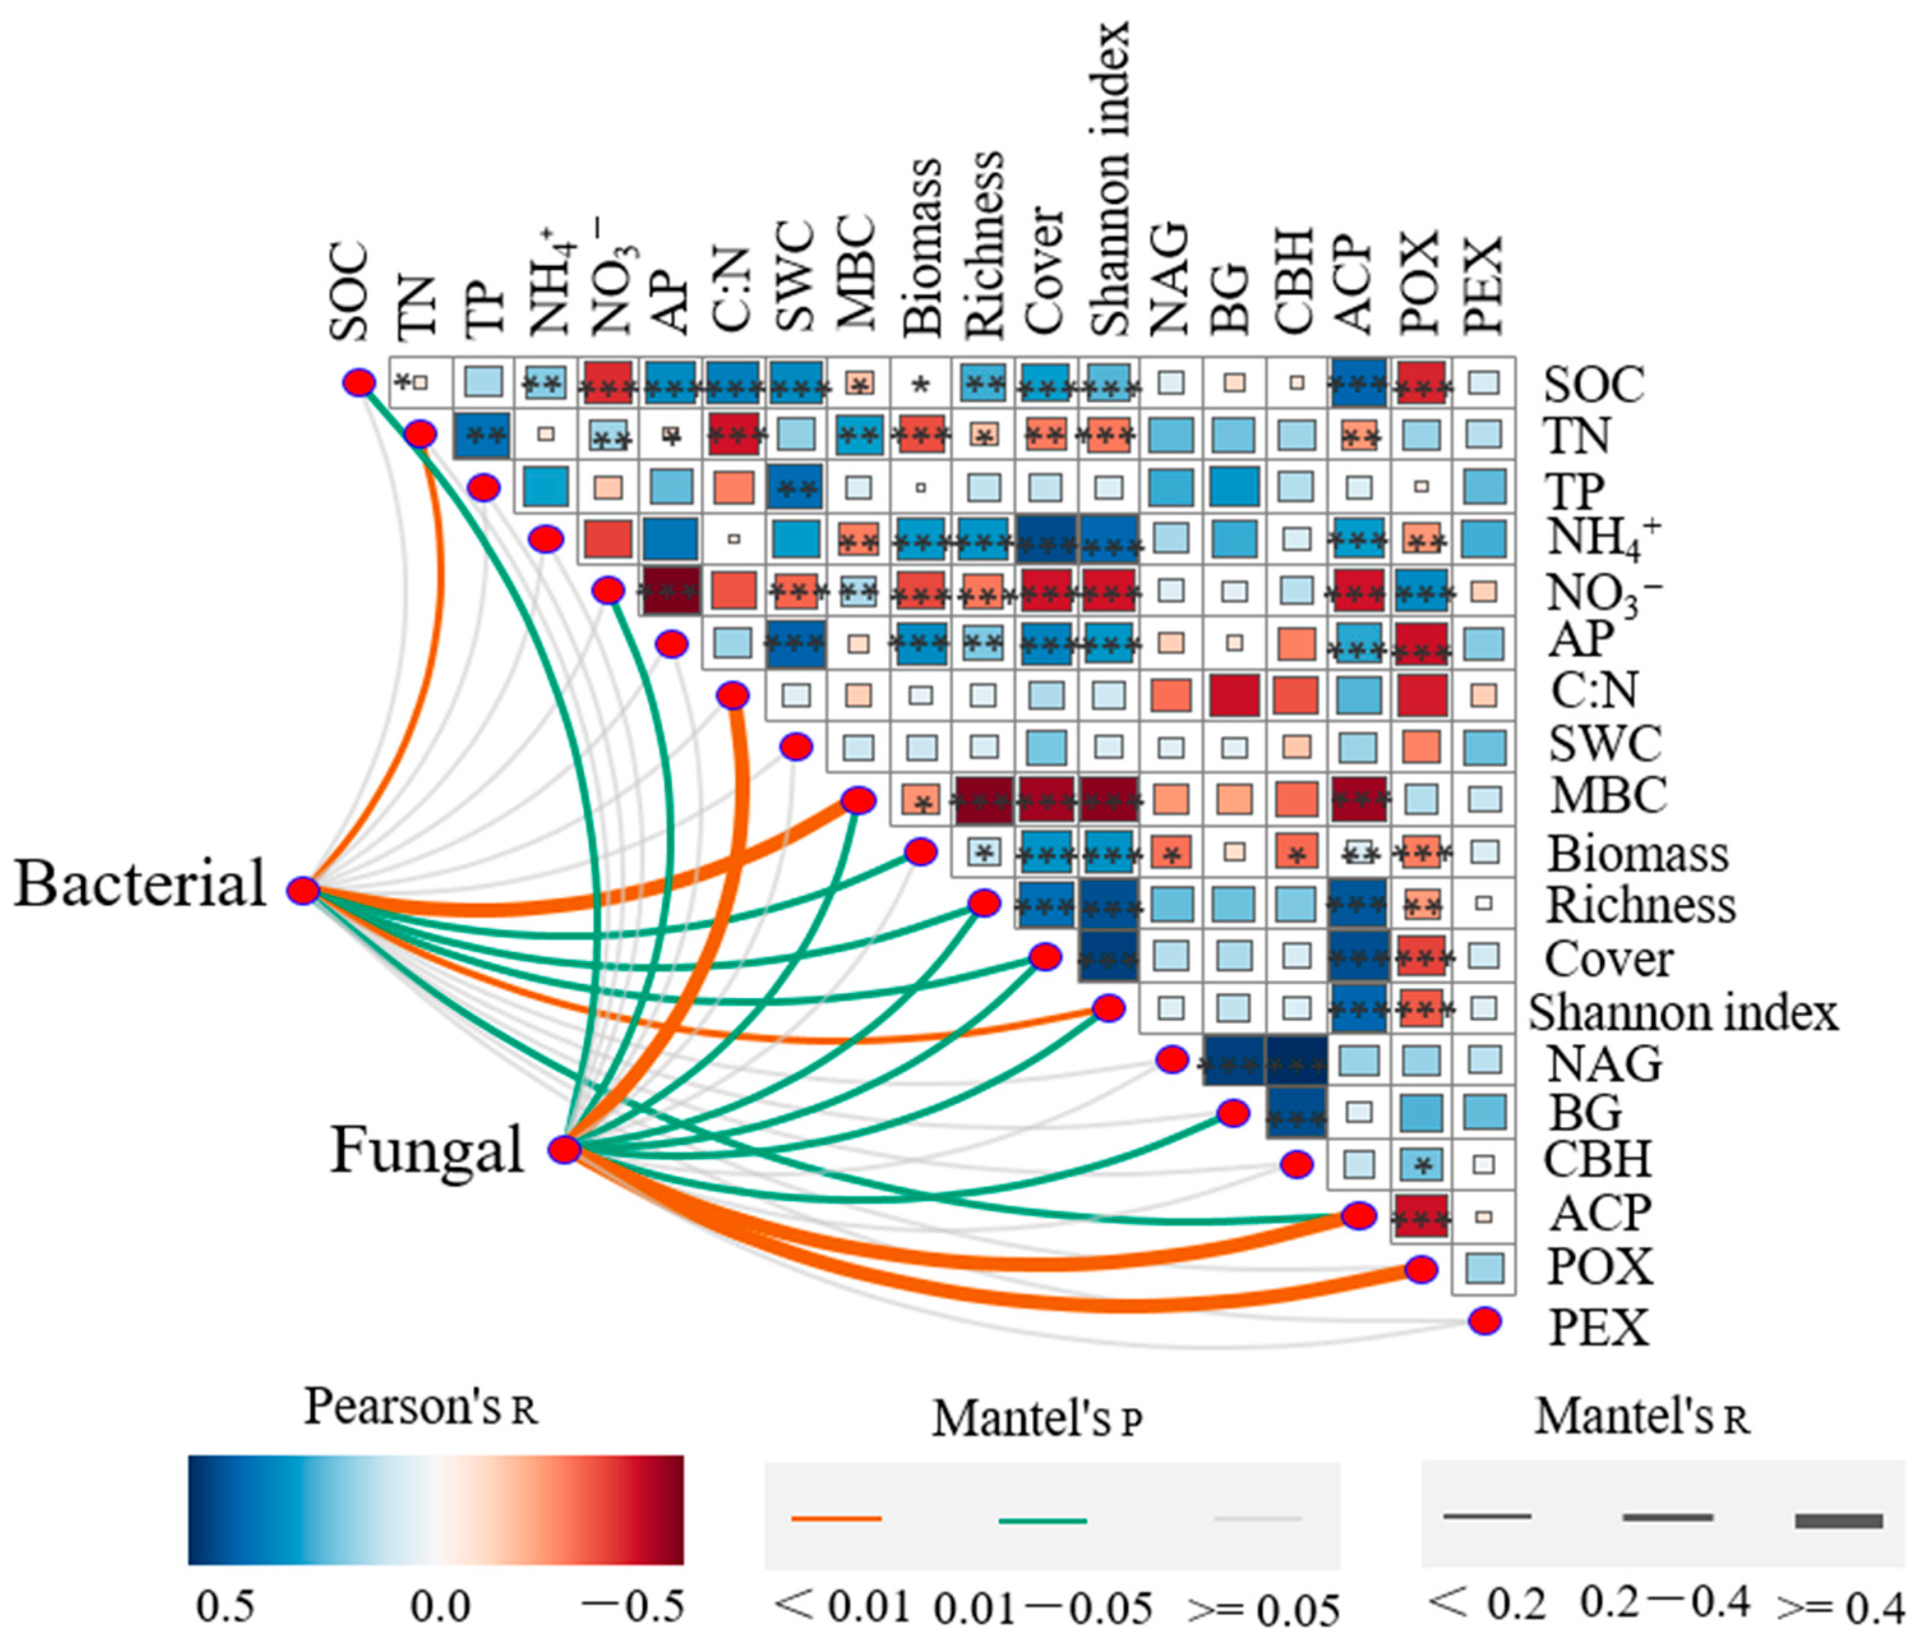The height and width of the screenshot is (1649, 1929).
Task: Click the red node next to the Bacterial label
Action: click(x=303, y=891)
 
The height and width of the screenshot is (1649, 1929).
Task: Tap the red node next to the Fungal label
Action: click(x=564, y=1149)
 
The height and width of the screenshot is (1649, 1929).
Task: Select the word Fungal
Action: click(x=427, y=1150)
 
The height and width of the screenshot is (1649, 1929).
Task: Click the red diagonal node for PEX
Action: click(x=1485, y=1320)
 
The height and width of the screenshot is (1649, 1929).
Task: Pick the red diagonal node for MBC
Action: click(x=859, y=800)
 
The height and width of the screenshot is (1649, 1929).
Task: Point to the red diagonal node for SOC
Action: click(x=359, y=382)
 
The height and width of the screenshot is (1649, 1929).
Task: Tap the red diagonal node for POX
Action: click(x=1421, y=1269)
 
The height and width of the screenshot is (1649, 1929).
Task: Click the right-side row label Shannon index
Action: click(x=1683, y=1013)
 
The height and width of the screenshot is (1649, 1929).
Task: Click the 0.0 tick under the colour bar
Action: click(x=440, y=1607)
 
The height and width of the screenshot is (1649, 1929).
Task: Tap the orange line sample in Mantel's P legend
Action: click(x=836, y=1519)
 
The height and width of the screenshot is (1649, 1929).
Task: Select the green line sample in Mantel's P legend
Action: click(x=1043, y=1521)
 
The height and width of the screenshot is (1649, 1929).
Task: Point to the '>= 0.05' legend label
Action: click(x=1263, y=1610)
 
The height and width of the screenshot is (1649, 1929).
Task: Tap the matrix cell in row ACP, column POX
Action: click(x=1421, y=1216)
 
